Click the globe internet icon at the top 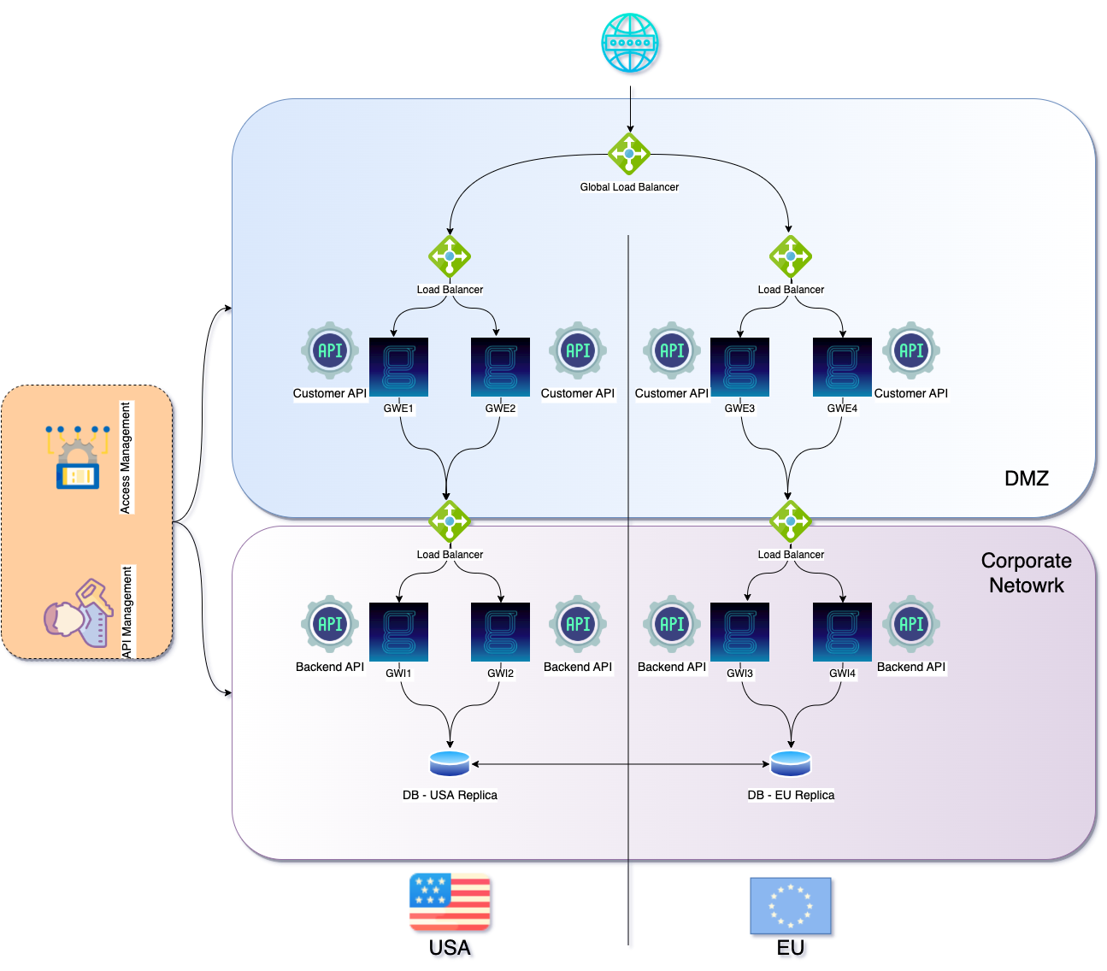click(x=630, y=43)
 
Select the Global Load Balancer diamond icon click(x=629, y=154)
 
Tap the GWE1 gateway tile click(x=398, y=367)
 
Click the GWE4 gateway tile click(x=842, y=367)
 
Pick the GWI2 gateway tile click(x=500, y=632)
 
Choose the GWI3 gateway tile click(x=739, y=632)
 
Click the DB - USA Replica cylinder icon click(x=450, y=763)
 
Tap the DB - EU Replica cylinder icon click(x=791, y=763)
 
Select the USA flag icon click(x=450, y=902)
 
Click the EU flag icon click(x=791, y=905)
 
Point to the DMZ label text click(x=1026, y=478)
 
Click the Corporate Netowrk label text click(x=1026, y=573)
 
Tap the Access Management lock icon click(x=78, y=457)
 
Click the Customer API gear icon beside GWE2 click(x=578, y=350)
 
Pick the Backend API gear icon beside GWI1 click(x=330, y=624)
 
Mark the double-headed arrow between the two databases click(x=620, y=764)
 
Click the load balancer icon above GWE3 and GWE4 click(x=791, y=256)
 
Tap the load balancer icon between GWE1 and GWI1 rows click(x=450, y=521)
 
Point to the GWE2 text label click(x=500, y=409)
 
